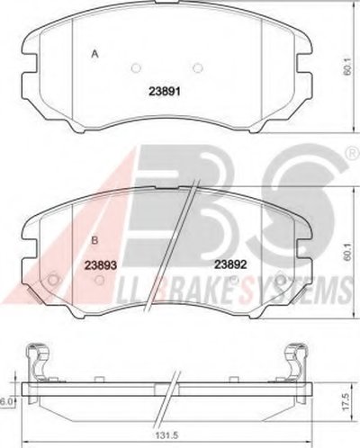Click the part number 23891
click(x=165, y=91)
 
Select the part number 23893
click(x=100, y=264)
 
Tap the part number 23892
click(x=230, y=264)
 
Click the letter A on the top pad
click(x=95, y=54)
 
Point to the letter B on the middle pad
click(x=94, y=240)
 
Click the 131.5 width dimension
click(x=166, y=435)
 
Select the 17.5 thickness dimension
click(x=346, y=402)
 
